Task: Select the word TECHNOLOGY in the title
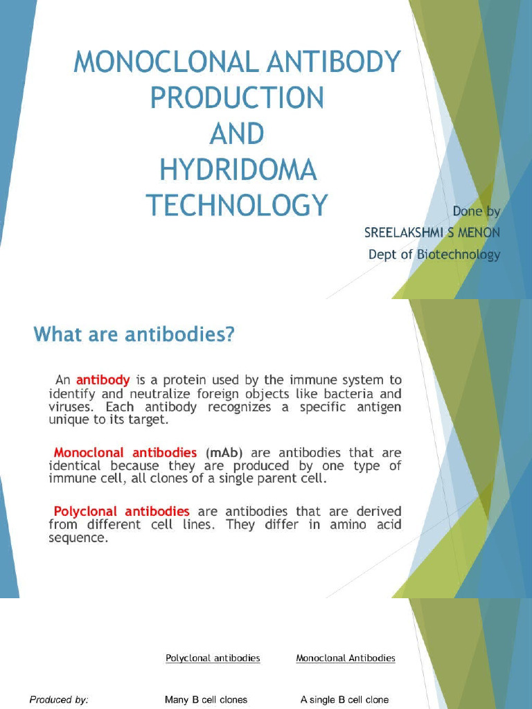click(237, 205)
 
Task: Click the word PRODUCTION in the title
click(237, 98)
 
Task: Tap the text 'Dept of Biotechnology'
click(434, 255)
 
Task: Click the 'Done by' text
click(476, 210)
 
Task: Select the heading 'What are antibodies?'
click(134, 335)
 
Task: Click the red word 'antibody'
click(103, 379)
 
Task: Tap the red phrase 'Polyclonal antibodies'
click(122, 512)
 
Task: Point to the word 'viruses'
click(73, 407)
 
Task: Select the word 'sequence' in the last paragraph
click(78, 538)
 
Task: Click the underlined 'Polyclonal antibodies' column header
click(213, 658)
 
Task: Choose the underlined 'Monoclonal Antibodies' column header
click(346, 658)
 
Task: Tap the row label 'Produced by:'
click(59, 700)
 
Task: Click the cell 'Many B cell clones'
click(206, 700)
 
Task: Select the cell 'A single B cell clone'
click(344, 700)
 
